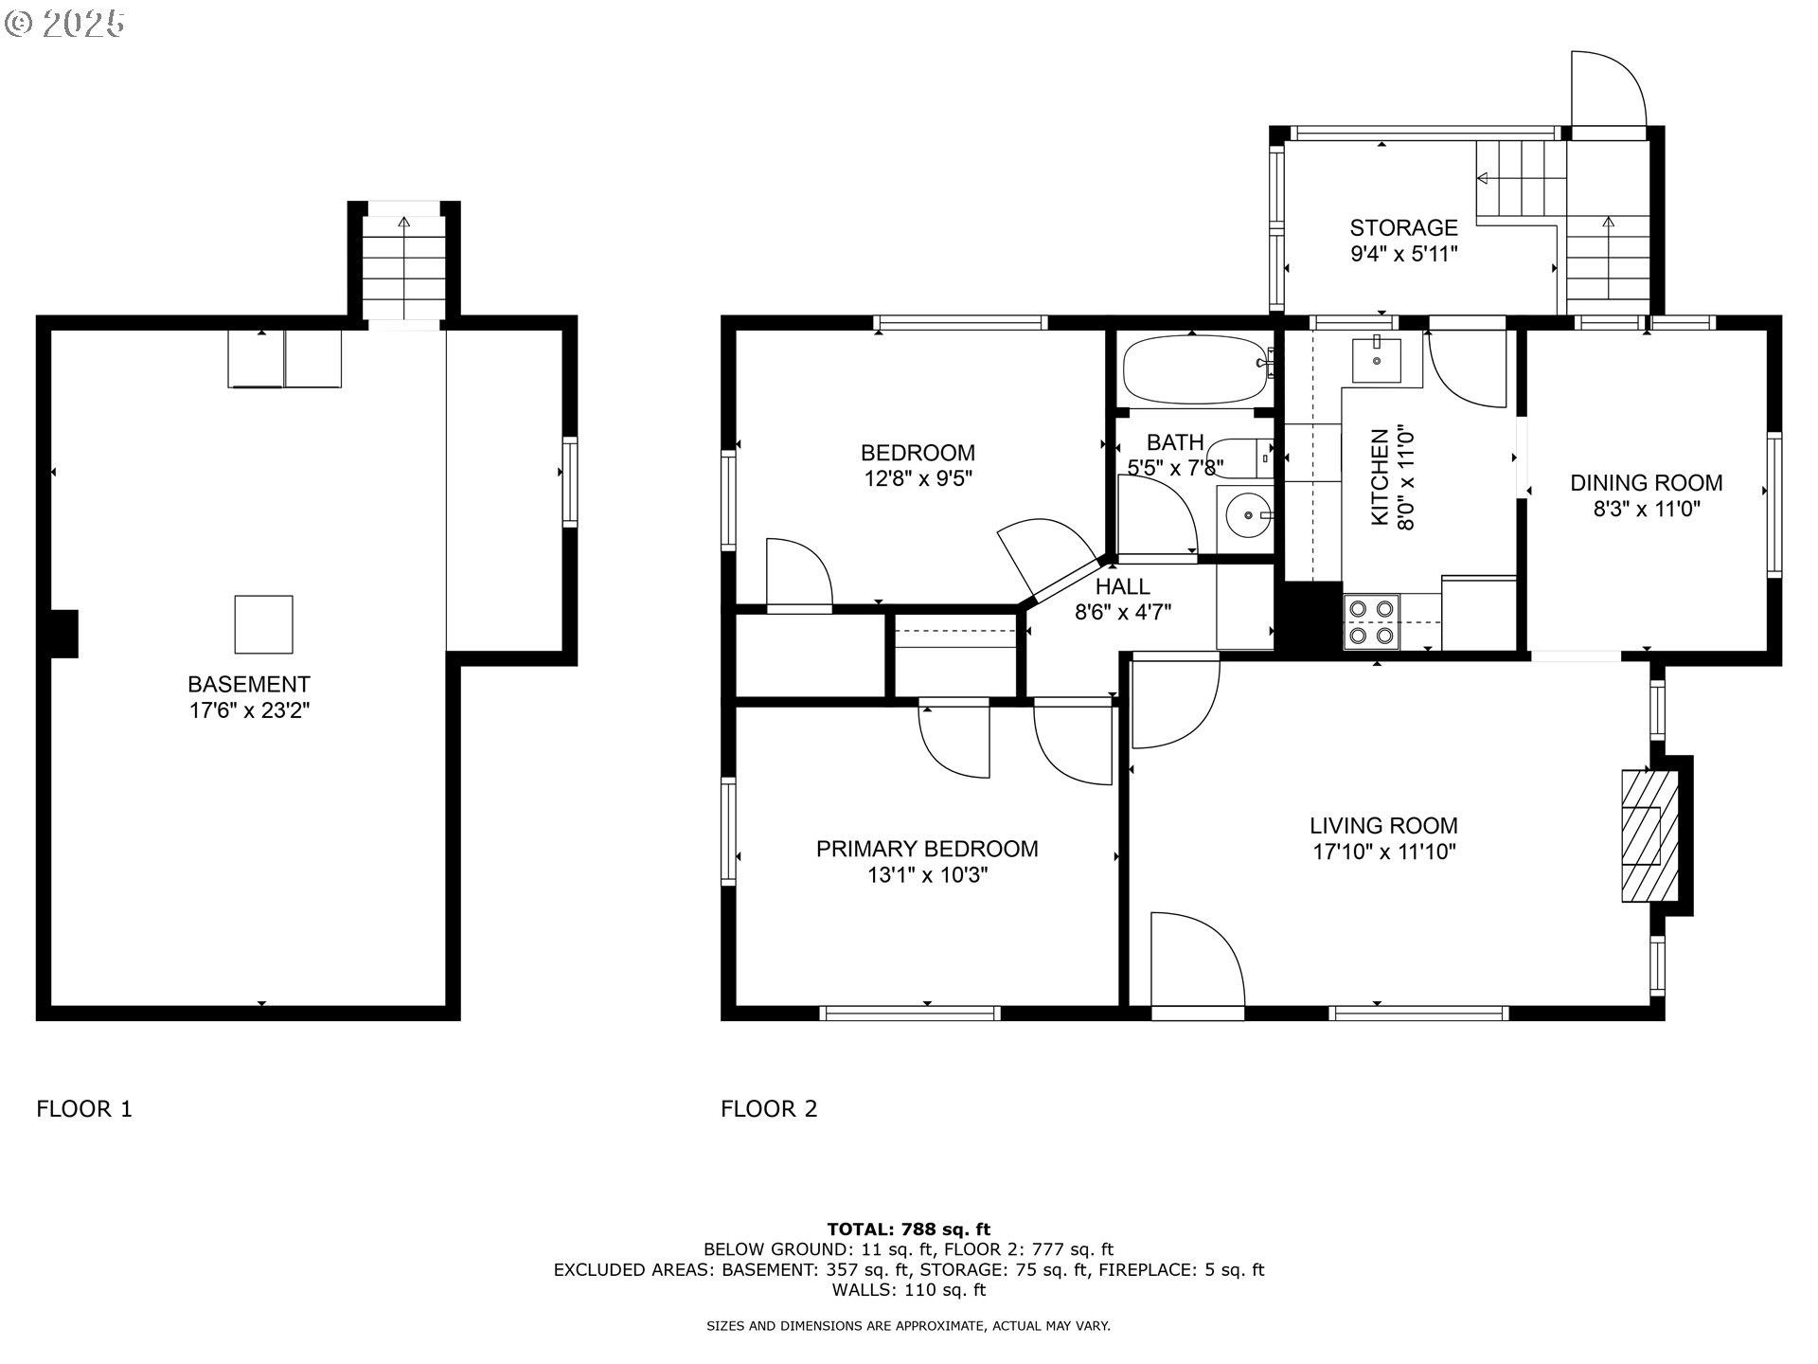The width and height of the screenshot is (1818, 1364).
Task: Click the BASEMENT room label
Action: pos(249,684)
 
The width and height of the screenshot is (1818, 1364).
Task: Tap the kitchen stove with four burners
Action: pos(1371,621)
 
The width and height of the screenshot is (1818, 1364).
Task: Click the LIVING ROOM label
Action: pos(1383,826)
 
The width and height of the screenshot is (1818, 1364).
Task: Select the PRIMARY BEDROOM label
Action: pos(927,849)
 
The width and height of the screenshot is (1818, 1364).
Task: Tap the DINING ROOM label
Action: pos(1647,483)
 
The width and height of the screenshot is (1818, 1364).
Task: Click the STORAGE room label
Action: pos(1403,227)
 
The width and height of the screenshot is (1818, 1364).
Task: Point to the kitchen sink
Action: pos(1376,359)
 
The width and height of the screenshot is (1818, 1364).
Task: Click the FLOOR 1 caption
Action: pos(84,1108)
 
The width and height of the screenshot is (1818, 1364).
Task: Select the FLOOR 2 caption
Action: pos(769,1108)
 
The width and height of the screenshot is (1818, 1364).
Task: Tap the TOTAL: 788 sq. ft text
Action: pos(908,1230)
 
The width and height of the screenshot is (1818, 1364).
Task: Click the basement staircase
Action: pos(404,267)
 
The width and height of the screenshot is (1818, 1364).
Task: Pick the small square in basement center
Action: pos(263,624)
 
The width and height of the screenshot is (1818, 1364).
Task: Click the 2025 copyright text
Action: pos(65,24)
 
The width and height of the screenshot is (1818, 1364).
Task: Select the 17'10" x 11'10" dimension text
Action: pos(1383,852)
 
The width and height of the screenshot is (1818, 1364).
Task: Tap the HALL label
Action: pos(1123,586)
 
